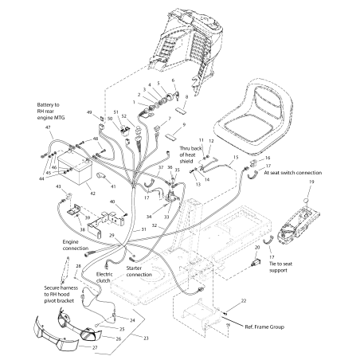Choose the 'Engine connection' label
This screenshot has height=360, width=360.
click(76, 243)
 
